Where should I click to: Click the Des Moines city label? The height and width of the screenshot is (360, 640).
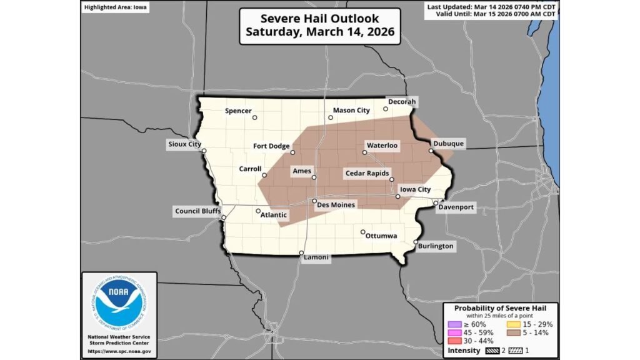pyautogui.click(x=336, y=205)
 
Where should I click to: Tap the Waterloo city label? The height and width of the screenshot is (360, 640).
pyautogui.click(x=382, y=145)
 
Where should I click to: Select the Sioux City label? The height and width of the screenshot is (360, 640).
pyautogui.click(x=185, y=144)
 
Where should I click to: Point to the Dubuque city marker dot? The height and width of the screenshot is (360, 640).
pyautogui.click(x=431, y=151)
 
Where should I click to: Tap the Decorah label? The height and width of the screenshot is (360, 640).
pyautogui.click(x=402, y=102)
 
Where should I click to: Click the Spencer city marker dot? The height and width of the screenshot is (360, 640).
pyautogui.click(x=254, y=117)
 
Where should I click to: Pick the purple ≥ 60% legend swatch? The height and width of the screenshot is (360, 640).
pyautogui.click(x=453, y=324)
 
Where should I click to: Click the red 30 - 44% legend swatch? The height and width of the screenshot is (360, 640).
pyautogui.click(x=453, y=342)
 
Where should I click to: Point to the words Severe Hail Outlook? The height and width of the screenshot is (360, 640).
pyautogui.click(x=319, y=19)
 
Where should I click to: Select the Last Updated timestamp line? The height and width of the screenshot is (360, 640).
pyautogui.click(x=492, y=6)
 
